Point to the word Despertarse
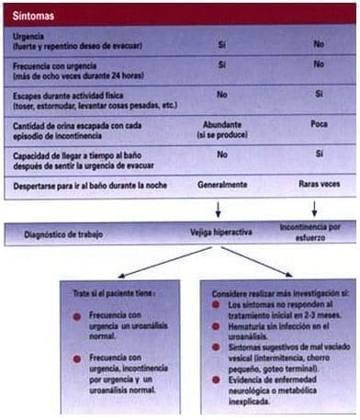pos(40,184)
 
